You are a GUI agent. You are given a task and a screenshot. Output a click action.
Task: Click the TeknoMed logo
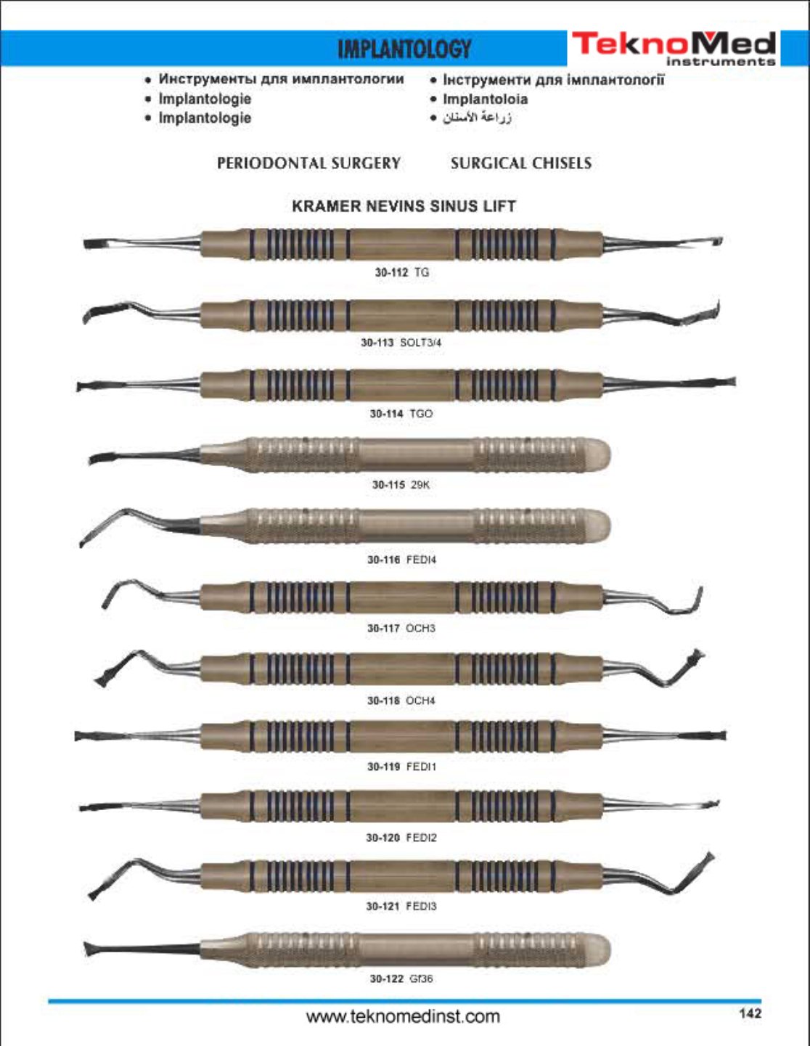674,48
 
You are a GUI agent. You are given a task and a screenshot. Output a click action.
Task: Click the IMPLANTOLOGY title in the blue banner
404,49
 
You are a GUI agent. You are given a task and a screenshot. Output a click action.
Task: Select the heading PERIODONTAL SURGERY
308,163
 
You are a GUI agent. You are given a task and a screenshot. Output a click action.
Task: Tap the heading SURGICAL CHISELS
521,163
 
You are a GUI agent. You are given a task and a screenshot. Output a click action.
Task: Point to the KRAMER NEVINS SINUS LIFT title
404,206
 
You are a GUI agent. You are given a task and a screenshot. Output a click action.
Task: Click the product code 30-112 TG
402,272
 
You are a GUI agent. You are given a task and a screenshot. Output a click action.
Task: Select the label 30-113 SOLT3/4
401,343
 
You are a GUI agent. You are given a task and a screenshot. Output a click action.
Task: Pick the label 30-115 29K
401,484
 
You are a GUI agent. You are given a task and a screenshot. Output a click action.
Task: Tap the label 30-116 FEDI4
402,560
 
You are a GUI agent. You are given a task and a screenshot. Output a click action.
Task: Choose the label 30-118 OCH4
401,700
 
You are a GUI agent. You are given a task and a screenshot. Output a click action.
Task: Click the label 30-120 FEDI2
401,838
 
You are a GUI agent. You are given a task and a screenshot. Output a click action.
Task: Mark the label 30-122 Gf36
401,978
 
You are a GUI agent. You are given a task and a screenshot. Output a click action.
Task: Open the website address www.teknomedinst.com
404,1017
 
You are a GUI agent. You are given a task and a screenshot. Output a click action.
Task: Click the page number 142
750,1014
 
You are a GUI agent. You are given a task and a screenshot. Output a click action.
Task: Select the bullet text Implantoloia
485,99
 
